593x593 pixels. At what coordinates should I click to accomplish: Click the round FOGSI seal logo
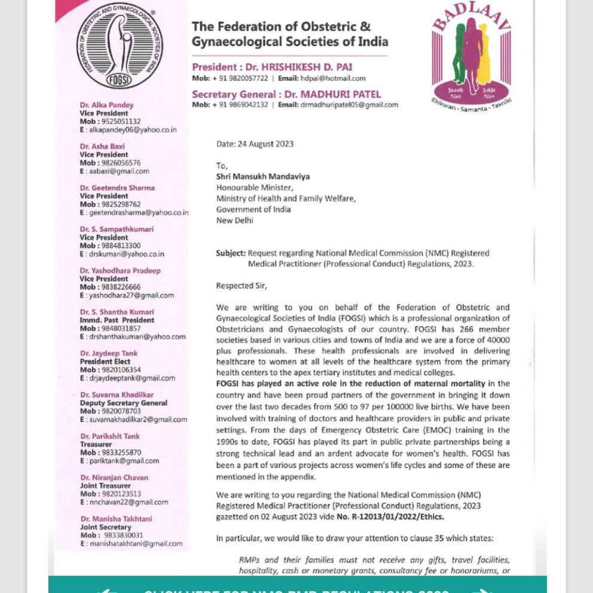(x=120, y=46)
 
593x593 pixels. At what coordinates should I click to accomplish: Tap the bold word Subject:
(x=230, y=253)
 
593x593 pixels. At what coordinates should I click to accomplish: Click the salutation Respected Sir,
(x=242, y=286)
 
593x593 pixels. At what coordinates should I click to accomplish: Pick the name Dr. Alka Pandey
(x=107, y=105)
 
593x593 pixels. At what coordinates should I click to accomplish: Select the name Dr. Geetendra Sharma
(x=117, y=188)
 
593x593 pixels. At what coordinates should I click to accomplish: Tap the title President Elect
(x=105, y=362)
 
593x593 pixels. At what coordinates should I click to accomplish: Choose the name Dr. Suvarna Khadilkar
(x=117, y=395)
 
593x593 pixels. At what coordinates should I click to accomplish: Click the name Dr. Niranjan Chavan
(x=114, y=478)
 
